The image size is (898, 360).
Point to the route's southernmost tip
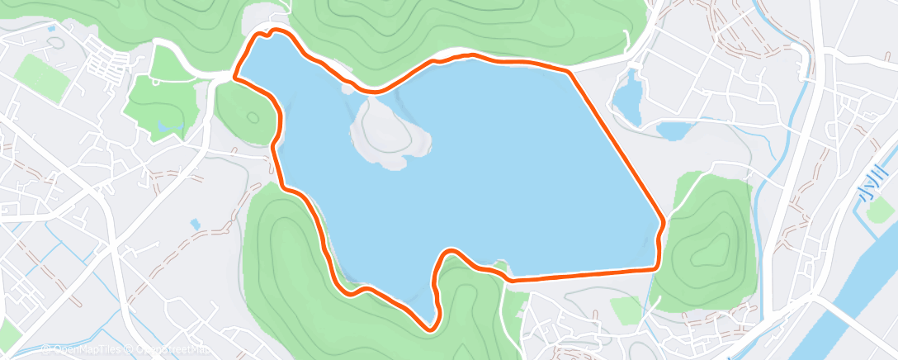click(430, 329)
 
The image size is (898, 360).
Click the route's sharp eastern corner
click(663, 222)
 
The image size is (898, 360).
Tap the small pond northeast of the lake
click(628, 95)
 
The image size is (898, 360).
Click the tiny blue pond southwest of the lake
click(195, 224)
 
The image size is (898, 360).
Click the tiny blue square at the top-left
click(52, 29)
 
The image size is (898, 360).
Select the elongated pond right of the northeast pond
click(673, 130)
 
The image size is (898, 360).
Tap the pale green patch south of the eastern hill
click(626, 310)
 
